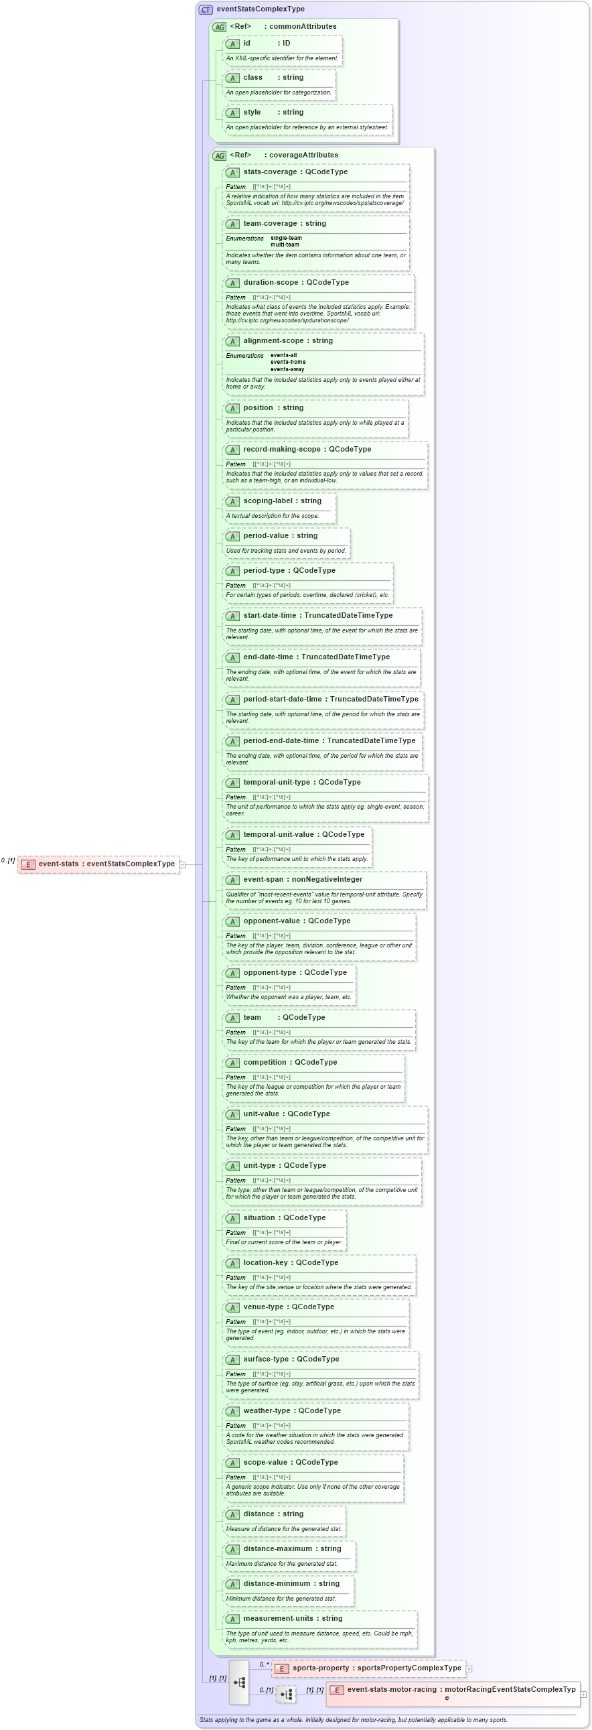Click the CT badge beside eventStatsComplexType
[x=206, y=9]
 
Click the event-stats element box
[x=99, y=864]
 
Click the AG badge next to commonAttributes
[x=220, y=27]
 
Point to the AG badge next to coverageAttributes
[x=220, y=156]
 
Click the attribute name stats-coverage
[x=269, y=172]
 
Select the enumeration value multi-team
[x=285, y=245]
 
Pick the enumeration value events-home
[x=287, y=362]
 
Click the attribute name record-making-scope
[x=281, y=450]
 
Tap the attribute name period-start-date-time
[x=282, y=699]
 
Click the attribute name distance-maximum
[x=277, y=1548]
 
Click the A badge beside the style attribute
[x=233, y=113]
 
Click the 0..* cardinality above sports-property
[x=264, y=1659]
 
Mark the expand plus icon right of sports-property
[x=469, y=1669]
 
